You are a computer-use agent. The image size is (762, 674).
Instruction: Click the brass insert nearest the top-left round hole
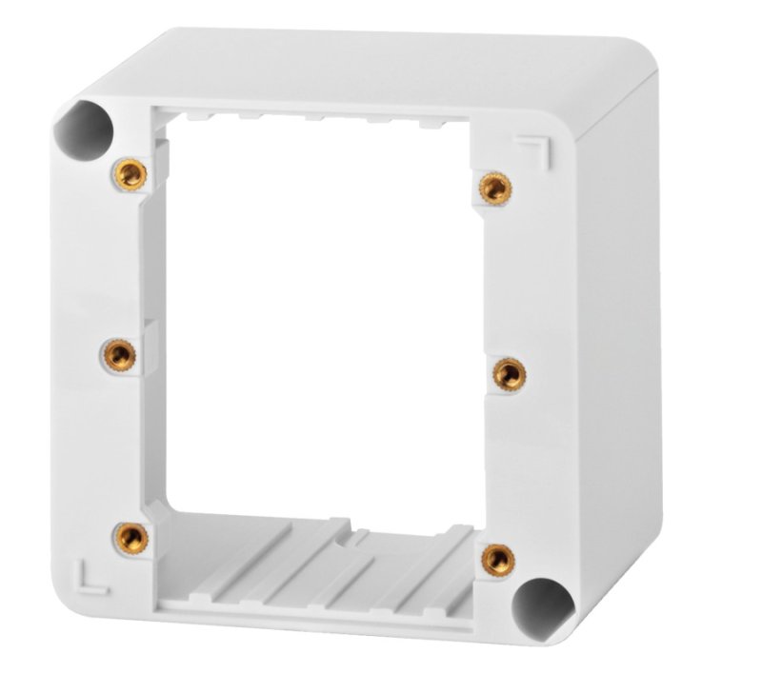pyautogui.click(x=129, y=173)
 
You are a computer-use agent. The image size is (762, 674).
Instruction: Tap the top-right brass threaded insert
pyautogui.click(x=491, y=187)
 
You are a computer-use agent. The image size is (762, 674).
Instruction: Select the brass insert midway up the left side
pyautogui.click(x=118, y=356)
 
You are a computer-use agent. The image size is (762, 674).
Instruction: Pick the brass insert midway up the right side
pyautogui.click(x=508, y=373)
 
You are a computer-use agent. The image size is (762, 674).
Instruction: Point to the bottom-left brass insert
pyautogui.click(x=130, y=538)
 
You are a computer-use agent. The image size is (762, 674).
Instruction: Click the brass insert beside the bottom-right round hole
pyautogui.click(x=497, y=560)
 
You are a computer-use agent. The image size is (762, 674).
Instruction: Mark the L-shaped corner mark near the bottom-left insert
pyautogui.click(x=86, y=575)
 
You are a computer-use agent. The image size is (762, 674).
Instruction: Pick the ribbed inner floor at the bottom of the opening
pyautogui.click(x=324, y=562)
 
